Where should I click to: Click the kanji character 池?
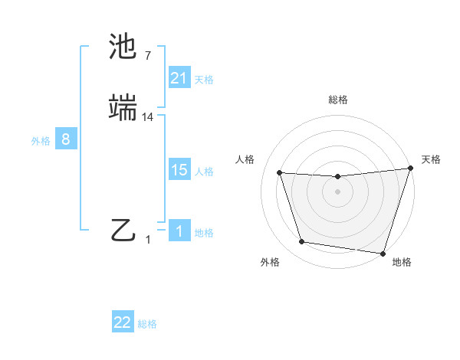point(124,47)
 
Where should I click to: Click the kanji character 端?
point(124,109)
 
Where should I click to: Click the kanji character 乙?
point(124,231)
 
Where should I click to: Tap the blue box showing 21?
point(179,78)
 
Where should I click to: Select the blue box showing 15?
point(179,170)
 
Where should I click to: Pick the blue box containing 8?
point(66,139)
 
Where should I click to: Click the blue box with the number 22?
point(123,322)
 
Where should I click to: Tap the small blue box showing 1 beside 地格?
point(179,231)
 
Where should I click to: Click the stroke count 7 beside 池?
point(147,56)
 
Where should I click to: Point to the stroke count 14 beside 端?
point(148,117)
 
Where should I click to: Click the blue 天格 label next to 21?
point(204,79)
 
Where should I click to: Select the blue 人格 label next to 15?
point(204,171)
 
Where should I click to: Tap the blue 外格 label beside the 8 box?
point(41,140)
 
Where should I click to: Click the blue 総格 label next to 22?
point(147,324)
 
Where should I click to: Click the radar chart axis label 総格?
point(337,100)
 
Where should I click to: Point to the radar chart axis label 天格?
point(431,159)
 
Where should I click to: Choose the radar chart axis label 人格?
point(245,159)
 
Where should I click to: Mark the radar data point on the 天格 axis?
point(410,169)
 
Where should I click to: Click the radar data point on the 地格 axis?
point(383,253)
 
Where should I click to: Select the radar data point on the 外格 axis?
point(302,242)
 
